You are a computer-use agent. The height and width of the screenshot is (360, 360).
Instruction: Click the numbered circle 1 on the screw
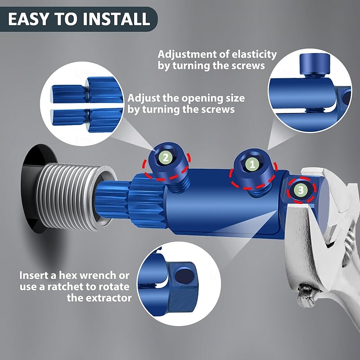coord(252,165)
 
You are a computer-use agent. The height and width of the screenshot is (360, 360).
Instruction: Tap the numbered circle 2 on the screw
coord(166,157)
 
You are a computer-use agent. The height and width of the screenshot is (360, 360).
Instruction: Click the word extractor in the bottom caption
coord(106,297)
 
